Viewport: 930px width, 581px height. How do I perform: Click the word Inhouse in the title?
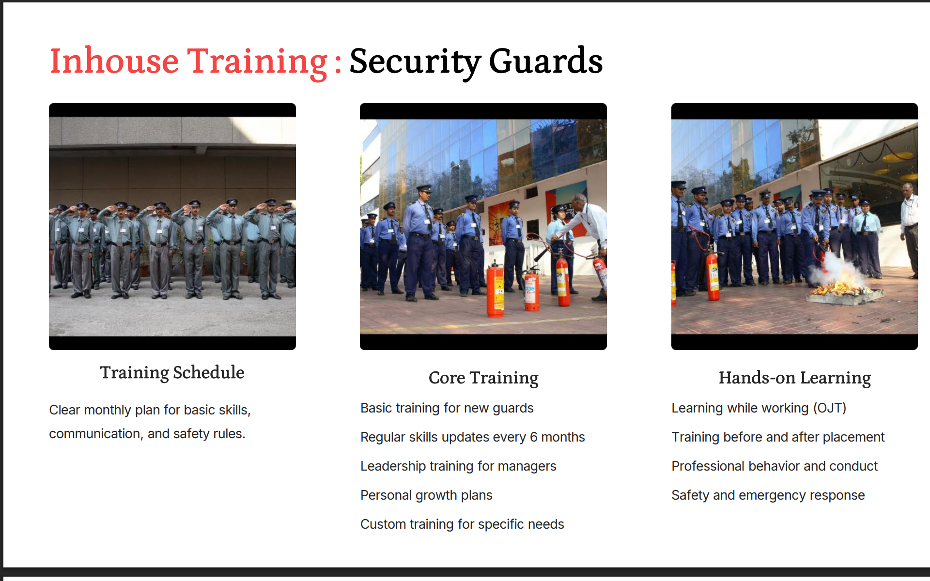pyautogui.click(x=114, y=61)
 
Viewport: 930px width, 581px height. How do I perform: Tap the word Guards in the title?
pyautogui.click(x=546, y=61)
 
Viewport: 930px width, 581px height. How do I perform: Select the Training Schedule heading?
pyautogui.click(x=172, y=373)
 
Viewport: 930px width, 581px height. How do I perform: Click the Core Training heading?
pyautogui.click(x=483, y=378)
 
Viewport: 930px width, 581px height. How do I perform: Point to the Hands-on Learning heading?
pyautogui.click(x=794, y=378)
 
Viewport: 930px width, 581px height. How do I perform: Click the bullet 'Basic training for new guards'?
pyautogui.click(x=447, y=408)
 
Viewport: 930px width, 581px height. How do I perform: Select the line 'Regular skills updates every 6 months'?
pyautogui.click(x=473, y=437)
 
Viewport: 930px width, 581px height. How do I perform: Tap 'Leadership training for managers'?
pyautogui.click(x=458, y=466)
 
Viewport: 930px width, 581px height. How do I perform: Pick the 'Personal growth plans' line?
pyautogui.click(x=426, y=495)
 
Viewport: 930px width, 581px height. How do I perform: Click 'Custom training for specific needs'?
pyautogui.click(x=462, y=524)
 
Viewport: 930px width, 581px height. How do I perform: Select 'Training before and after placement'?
pyautogui.click(x=778, y=437)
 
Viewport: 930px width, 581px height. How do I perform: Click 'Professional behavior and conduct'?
pyautogui.click(x=775, y=466)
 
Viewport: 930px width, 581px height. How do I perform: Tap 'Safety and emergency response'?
pyautogui.click(x=768, y=495)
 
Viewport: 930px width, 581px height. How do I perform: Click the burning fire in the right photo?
pyautogui.click(x=837, y=288)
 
